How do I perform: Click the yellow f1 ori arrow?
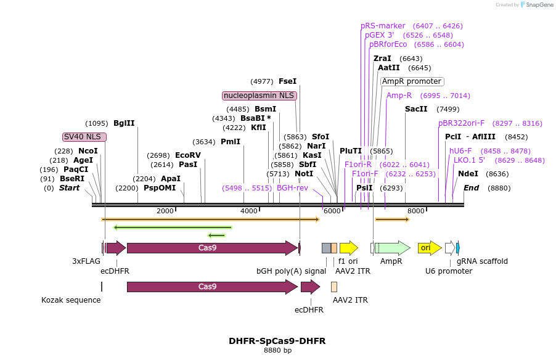(x=348, y=248)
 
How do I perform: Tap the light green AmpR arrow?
(x=393, y=248)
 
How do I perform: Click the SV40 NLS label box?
(x=84, y=137)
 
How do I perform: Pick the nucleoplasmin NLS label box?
(x=260, y=96)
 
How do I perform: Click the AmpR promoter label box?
(x=412, y=81)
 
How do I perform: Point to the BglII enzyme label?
(x=124, y=123)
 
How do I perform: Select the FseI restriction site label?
(x=287, y=81)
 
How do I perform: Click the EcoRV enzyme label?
(x=188, y=155)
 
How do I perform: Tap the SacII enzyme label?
(x=416, y=109)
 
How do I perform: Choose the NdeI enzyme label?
(x=468, y=174)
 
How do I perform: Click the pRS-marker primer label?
(x=383, y=26)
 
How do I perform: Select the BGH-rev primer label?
(x=292, y=188)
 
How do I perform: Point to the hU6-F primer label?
(x=460, y=150)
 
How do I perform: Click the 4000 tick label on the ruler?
(x=248, y=211)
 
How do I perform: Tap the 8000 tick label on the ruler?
(x=415, y=211)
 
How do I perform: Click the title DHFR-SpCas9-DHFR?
(x=277, y=341)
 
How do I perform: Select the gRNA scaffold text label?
(x=482, y=261)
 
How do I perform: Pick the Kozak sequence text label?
(x=71, y=300)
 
